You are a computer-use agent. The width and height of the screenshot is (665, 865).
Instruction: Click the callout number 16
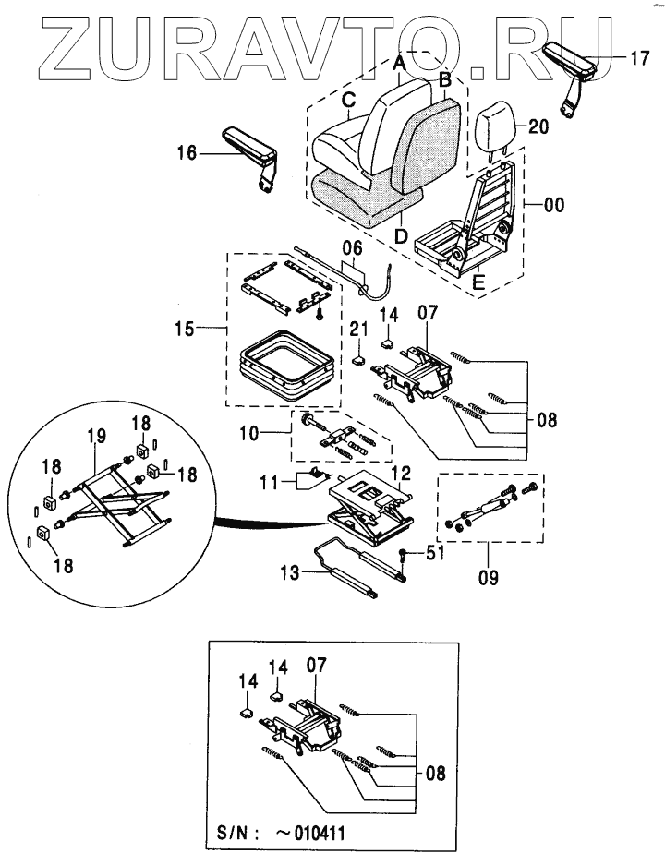[187, 152]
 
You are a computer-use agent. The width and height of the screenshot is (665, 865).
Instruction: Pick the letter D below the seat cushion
[402, 236]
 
